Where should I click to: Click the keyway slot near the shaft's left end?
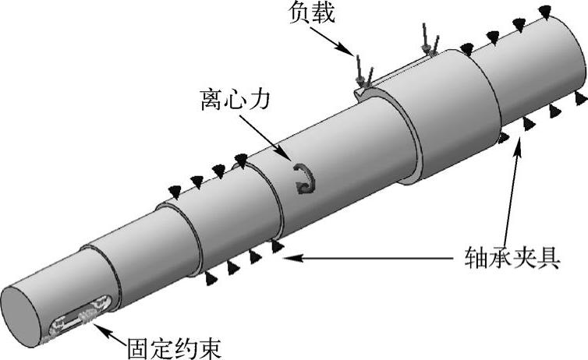pyautogui.click(x=79, y=321)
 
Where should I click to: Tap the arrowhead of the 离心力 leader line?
pyautogui.click(x=289, y=161)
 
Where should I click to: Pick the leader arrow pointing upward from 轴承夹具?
pyautogui.click(x=515, y=149)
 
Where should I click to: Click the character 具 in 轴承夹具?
pyautogui.click(x=546, y=256)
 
